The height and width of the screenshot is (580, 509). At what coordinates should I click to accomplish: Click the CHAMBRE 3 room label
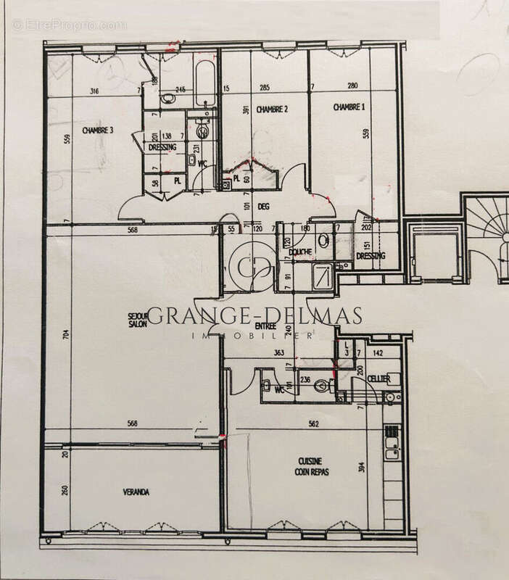click(x=98, y=130)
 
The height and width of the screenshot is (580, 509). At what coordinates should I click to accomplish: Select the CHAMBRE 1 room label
click(x=349, y=107)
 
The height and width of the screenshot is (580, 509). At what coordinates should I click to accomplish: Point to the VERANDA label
click(x=136, y=492)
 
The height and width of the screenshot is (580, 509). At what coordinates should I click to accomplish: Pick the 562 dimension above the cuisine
click(x=313, y=425)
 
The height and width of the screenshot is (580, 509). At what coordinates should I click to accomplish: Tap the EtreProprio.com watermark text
click(x=69, y=25)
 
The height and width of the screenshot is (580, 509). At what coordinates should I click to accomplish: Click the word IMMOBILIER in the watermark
click(x=251, y=336)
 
